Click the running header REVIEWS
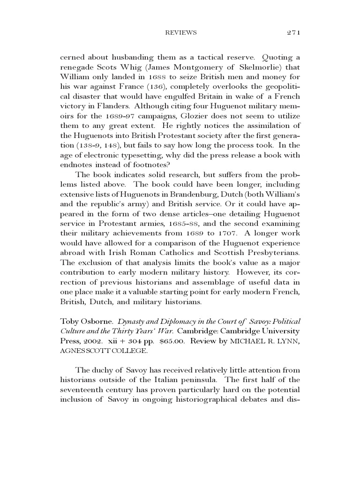[181, 32]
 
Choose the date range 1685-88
[203, 225]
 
